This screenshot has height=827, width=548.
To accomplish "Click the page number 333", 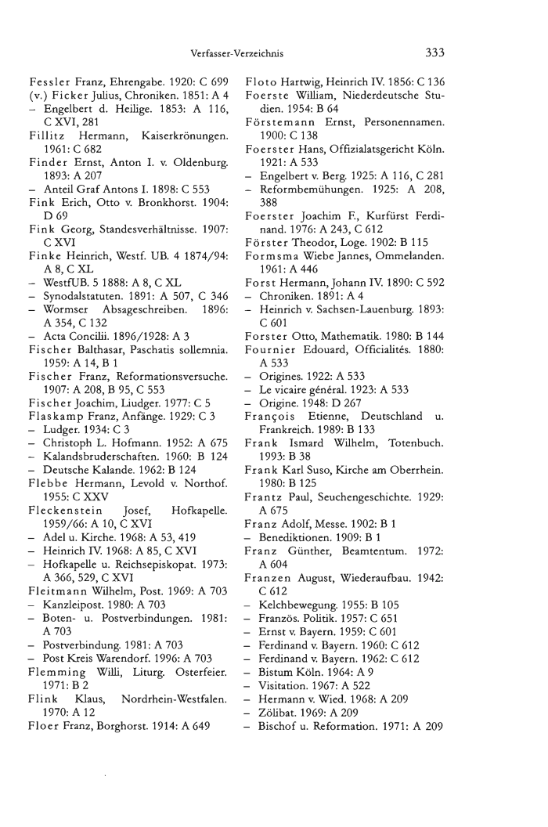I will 434,53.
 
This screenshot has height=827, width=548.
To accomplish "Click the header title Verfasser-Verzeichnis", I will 236,54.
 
